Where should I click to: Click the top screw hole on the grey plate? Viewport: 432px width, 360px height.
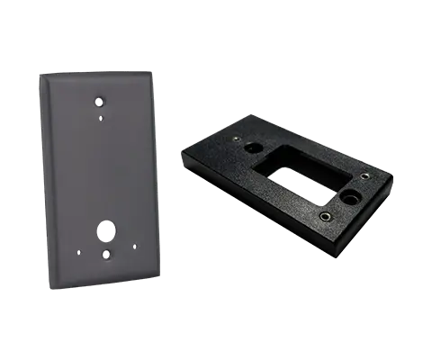tap(98, 102)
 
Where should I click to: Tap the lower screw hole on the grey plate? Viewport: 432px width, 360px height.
tap(107, 256)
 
